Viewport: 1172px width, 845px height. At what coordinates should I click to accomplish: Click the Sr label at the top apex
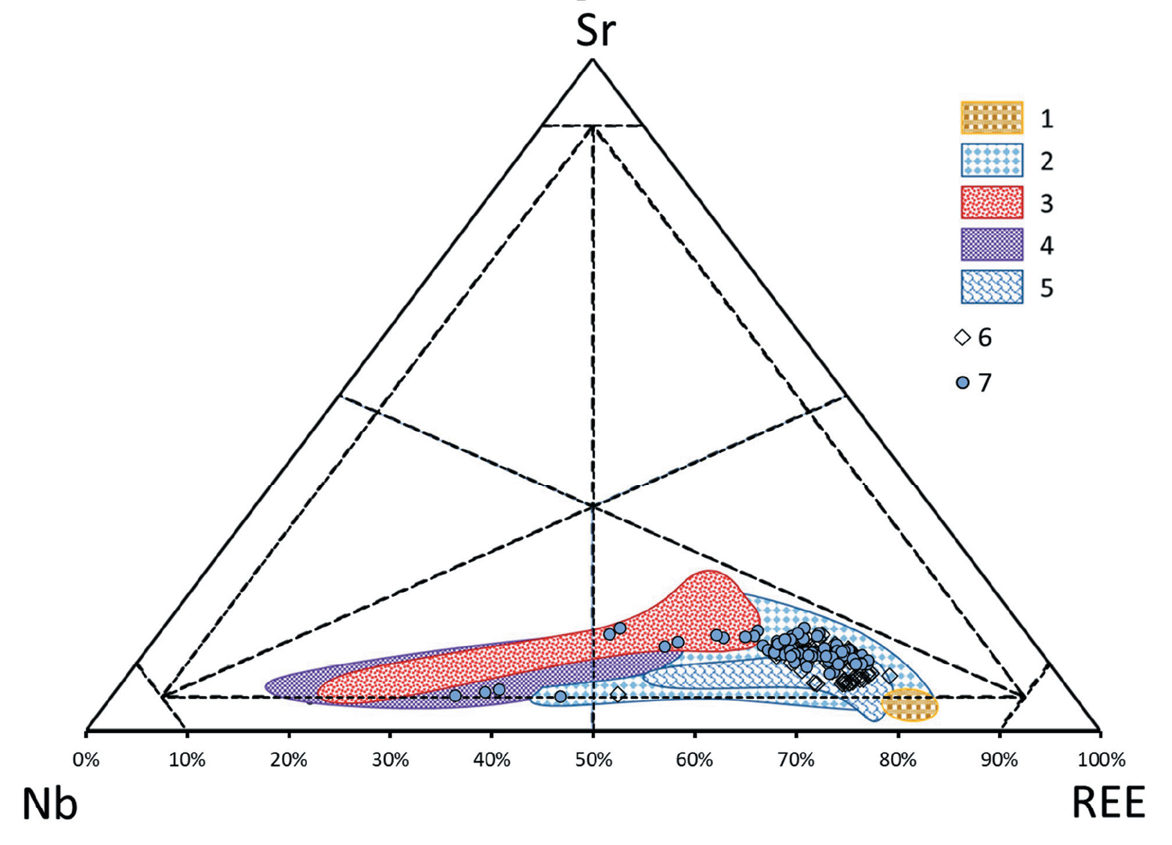pos(595,31)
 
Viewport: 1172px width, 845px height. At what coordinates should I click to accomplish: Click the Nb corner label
pos(50,804)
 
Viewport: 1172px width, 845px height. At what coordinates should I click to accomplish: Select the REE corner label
pos(1108,803)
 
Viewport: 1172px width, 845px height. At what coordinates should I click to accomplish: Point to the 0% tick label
pos(85,760)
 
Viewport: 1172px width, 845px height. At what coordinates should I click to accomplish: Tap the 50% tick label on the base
pos(593,760)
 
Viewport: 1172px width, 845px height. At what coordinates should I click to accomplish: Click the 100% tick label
pos(1101,760)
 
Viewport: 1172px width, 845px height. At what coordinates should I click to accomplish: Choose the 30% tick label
pos(390,760)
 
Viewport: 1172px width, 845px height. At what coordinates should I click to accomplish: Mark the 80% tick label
pos(897,760)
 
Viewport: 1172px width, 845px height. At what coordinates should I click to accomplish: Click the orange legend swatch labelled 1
pos(992,118)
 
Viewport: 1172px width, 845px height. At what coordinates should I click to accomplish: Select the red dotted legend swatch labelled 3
pos(992,202)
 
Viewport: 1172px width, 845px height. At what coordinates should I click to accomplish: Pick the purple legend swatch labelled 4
pos(992,245)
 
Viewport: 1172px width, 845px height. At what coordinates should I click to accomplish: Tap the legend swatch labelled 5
pos(992,288)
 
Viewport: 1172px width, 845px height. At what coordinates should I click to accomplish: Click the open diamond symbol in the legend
pos(962,338)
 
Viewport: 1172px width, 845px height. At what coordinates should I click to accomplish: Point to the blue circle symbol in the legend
pos(962,383)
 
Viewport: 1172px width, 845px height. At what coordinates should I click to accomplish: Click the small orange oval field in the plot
pos(910,706)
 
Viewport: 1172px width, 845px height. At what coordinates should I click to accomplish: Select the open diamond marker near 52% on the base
pos(618,694)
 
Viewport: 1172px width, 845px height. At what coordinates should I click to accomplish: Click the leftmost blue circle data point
pos(455,695)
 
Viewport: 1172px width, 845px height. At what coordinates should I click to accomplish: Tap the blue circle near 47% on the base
pos(561,696)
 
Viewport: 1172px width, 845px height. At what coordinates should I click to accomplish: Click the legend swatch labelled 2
pos(992,160)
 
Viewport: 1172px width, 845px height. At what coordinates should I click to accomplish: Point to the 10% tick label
pos(187,760)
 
